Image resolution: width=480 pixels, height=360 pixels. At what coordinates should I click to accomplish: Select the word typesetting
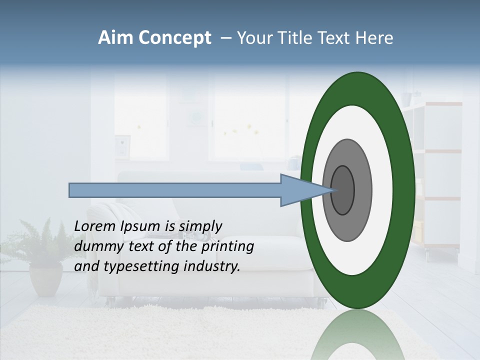click(142, 266)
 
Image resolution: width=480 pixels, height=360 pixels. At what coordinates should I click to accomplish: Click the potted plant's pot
click(45, 280)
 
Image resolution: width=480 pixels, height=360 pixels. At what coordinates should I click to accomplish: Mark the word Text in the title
click(336, 38)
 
